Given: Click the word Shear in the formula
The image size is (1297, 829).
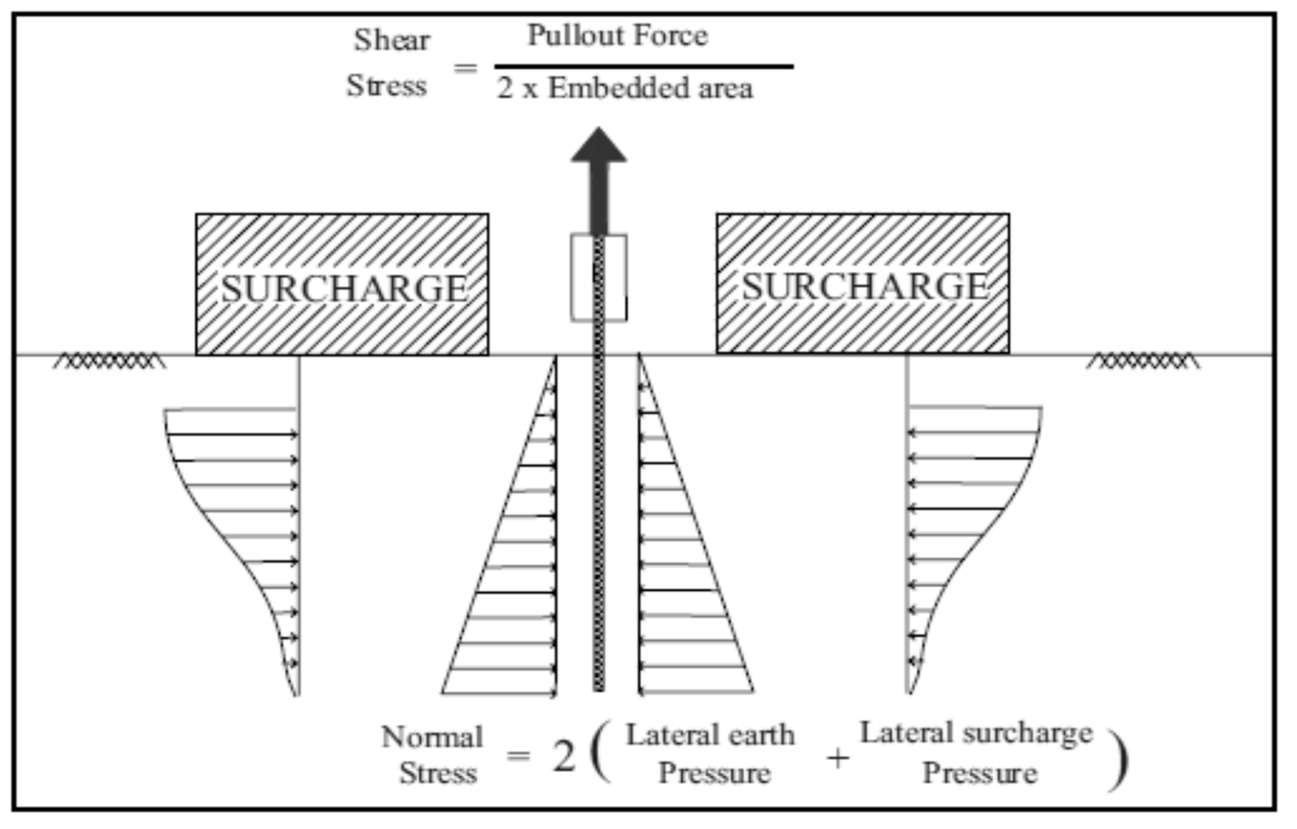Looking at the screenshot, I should (391, 40).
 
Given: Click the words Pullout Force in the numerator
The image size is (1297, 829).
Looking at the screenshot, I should (617, 36).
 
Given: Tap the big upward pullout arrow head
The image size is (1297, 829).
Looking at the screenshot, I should (599, 145).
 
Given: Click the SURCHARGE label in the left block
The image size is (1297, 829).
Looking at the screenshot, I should (343, 289).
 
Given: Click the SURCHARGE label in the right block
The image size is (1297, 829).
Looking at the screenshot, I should (865, 287).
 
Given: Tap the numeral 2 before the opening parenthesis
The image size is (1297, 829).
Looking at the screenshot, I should (563, 756).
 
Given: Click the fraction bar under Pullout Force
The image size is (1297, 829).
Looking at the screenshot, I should (643, 67).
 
